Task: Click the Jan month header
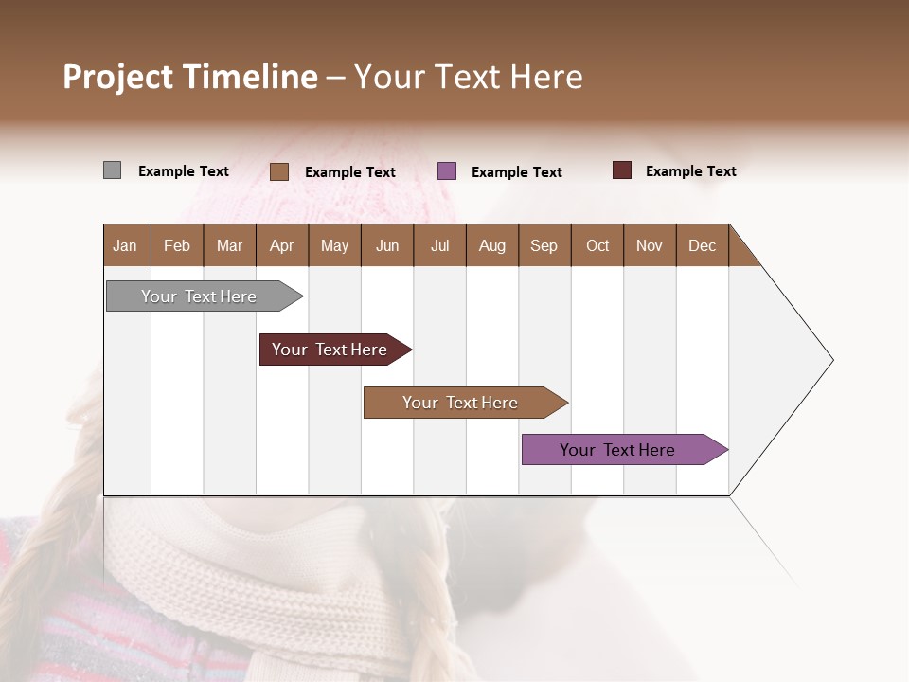coord(126,245)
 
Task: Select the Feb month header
coord(177,245)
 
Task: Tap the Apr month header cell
coord(282,245)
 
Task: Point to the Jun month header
coord(387,245)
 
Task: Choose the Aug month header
coord(492,245)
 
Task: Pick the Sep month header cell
coord(544,245)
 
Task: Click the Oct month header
coord(597,245)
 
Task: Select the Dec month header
coord(703,245)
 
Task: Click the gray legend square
coord(112,170)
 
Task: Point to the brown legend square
coord(279,171)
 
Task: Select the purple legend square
coord(447,171)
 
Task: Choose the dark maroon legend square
coord(622,170)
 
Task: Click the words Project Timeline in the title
coord(190,77)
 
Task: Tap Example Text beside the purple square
coord(517,172)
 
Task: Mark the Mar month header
coord(229,245)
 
